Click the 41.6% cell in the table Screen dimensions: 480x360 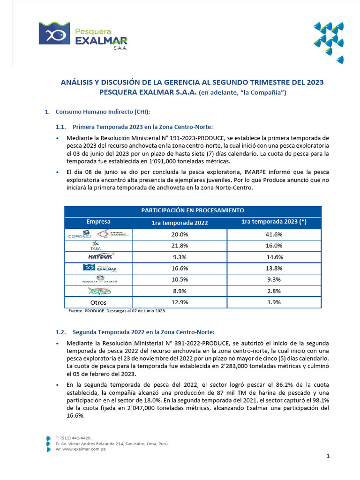pyautogui.click(x=274, y=234)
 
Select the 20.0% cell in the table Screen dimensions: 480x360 pyautogui.click(x=180, y=234)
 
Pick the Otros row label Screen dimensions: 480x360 pyautogui.click(x=98, y=302)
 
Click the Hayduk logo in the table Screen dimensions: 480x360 pyautogui.click(x=98, y=256)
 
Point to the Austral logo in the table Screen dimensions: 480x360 pyautogui.click(x=98, y=291)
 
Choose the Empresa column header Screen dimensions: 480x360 pyautogui.click(x=98, y=222)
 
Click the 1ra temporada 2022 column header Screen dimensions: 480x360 pyautogui.click(x=180, y=223)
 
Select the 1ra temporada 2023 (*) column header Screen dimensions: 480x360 pyautogui.click(x=274, y=222)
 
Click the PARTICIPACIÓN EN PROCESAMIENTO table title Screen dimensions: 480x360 pyautogui.click(x=193, y=210)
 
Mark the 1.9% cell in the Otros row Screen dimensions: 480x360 pyautogui.click(x=274, y=302)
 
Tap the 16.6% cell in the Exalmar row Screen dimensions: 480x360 pyautogui.click(x=180, y=268)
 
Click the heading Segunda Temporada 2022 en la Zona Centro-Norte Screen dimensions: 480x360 pyautogui.click(x=143, y=332)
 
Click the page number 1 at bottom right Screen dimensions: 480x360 pyautogui.click(x=328, y=456)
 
